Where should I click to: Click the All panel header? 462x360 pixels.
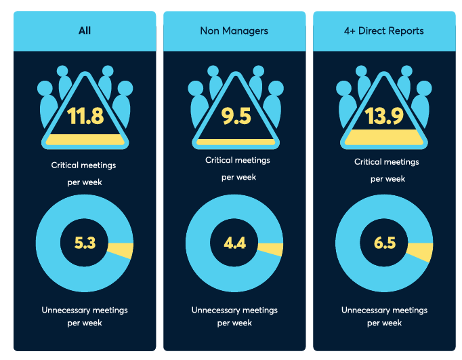pyautogui.click(x=84, y=31)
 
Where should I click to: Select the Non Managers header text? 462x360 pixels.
pyautogui.click(x=234, y=31)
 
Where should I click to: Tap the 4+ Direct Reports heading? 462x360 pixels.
pyautogui.click(x=383, y=31)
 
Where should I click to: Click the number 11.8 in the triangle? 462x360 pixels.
pyautogui.click(x=85, y=116)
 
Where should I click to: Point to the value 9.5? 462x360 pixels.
pyautogui.click(x=236, y=116)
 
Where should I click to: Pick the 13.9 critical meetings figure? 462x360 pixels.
pyautogui.click(x=385, y=116)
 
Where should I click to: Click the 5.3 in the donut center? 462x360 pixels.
pyautogui.click(x=85, y=243)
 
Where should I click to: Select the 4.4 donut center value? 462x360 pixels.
pyautogui.click(x=234, y=242)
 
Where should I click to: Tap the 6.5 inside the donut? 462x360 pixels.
pyautogui.click(x=384, y=243)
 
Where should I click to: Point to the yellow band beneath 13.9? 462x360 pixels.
pyautogui.click(x=385, y=138)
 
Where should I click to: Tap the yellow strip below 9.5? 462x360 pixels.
pyautogui.click(x=236, y=142)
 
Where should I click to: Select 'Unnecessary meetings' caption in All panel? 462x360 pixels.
pyautogui.click(x=85, y=310)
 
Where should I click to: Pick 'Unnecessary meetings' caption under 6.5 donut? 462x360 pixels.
pyautogui.click(x=384, y=310)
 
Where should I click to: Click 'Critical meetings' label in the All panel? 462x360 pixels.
pyautogui.click(x=84, y=165)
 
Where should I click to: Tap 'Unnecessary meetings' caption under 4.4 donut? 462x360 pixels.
pyautogui.click(x=234, y=310)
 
